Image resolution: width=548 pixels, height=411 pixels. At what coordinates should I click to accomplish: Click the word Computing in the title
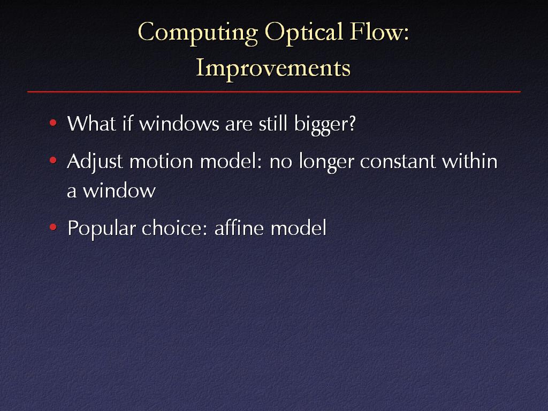point(198,33)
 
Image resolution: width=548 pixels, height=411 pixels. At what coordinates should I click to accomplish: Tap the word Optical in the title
point(303,33)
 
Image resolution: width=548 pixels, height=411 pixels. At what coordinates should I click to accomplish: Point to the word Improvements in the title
point(273,68)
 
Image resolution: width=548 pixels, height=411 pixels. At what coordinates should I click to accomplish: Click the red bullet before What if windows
point(53,123)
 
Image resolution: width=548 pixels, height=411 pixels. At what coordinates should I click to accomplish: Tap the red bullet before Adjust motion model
point(53,161)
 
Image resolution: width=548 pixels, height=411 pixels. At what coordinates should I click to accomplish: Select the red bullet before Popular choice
point(53,227)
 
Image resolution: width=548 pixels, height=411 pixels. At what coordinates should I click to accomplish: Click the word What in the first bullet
point(91,124)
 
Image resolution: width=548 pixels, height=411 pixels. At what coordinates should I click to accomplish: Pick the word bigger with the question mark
point(325,125)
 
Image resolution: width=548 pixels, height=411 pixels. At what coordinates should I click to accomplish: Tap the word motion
point(161,161)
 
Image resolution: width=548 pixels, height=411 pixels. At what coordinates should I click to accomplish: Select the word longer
point(326,163)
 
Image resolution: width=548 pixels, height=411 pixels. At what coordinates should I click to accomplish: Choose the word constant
point(398,162)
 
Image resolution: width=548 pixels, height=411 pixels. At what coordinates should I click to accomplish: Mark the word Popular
point(101,229)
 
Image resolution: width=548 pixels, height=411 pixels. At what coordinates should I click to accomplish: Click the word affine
point(239,228)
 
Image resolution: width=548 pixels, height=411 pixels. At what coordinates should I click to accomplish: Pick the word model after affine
point(299,228)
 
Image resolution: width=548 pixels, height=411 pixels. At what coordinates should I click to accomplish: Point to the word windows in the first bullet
point(179,124)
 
